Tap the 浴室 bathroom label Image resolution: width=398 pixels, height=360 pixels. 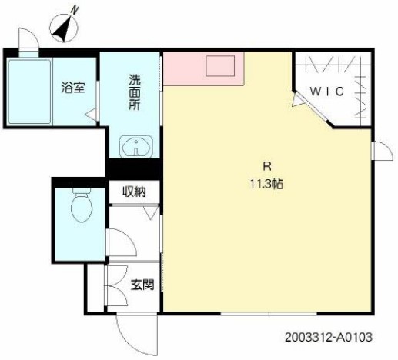[x=74, y=87]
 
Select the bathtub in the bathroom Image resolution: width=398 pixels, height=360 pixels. [x=29, y=91]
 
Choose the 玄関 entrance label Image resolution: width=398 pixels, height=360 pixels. [x=142, y=285]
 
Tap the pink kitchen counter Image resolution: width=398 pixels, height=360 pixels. [x=185, y=69]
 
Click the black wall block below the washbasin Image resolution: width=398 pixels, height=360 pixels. [x=135, y=168]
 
